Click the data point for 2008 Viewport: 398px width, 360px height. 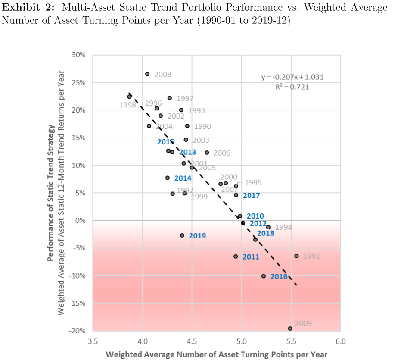147,74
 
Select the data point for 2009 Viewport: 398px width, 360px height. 290,329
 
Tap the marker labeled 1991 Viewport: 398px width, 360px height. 296,256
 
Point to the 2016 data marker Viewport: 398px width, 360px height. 264,276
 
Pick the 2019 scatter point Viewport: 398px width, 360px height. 182,235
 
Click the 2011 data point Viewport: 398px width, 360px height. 236,257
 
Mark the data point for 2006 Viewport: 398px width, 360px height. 207,153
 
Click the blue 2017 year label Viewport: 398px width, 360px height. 251,196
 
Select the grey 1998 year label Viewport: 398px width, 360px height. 128,105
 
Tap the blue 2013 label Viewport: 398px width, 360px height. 187,152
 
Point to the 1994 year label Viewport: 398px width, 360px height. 283,227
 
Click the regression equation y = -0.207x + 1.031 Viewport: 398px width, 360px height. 292,78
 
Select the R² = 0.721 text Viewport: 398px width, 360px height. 292,87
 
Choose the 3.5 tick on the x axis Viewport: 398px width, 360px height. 93,341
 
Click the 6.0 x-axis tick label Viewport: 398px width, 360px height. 341,341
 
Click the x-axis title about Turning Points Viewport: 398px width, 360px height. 216,354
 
